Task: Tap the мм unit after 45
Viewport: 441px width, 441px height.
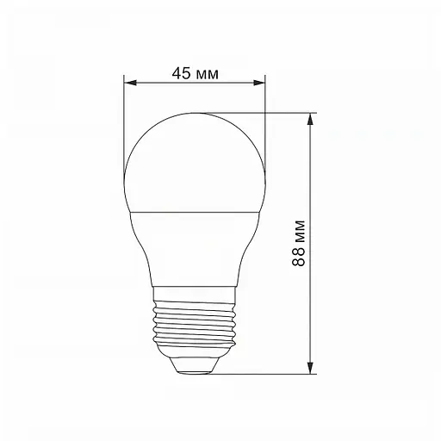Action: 207,73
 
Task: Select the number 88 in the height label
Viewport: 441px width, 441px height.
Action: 298,256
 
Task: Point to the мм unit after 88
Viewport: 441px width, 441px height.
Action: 298,230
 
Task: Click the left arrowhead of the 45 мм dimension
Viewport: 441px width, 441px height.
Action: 129,84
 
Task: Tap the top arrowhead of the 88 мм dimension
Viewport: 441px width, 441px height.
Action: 309,118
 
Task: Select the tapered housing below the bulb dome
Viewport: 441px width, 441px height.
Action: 195,250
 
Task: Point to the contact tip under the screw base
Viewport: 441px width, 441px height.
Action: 195,365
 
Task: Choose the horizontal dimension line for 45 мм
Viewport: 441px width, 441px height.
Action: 195,84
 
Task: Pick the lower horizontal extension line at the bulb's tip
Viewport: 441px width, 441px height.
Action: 258,374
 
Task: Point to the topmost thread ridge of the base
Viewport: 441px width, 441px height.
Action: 195,298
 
